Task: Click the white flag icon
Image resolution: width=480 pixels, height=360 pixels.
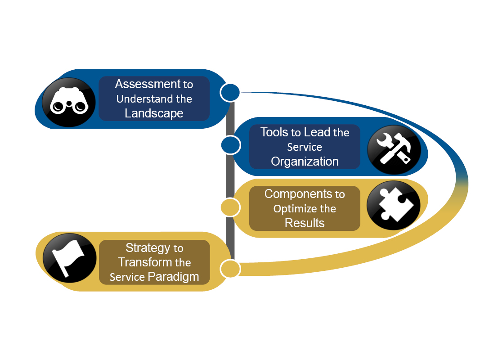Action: point(69,260)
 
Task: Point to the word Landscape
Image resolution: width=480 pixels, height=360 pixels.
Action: point(154,113)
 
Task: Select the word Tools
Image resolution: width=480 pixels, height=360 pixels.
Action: point(274,132)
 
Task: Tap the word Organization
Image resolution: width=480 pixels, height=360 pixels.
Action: point(305,162)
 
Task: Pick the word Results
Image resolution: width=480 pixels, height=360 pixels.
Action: point(305,223)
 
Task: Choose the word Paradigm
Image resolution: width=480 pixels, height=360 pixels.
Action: point(173,277)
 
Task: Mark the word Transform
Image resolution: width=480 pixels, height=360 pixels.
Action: point(145,262)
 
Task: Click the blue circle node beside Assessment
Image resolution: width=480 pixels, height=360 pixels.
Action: point(230,92)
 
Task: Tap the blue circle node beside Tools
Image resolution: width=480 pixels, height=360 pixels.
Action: point(230,145)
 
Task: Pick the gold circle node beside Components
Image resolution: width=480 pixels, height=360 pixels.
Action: point(230,207)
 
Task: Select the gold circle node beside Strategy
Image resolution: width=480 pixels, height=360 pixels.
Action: point(230,269)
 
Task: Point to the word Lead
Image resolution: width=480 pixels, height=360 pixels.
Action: point(317,132)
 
